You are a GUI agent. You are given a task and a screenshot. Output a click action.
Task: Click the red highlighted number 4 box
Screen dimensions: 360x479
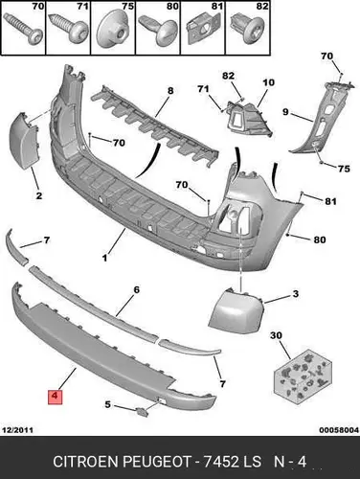[x=55, y=397]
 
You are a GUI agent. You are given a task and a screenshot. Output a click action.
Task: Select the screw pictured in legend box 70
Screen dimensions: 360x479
[x=23, y=30]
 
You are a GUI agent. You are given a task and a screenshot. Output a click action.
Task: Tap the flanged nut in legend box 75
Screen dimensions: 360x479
[x=113, y=30]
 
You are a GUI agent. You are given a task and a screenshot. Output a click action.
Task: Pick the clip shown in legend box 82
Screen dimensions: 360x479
[x=246, y=28]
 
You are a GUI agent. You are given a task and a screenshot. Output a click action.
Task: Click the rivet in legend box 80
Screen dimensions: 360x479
[x=157, y=30]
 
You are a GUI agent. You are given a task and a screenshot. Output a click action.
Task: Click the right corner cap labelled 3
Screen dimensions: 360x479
[x=236, y=310]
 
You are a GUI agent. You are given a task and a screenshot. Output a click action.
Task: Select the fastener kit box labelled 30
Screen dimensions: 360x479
[x=303, y=376]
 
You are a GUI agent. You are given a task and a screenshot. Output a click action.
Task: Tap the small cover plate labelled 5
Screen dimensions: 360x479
[x=142, y=412]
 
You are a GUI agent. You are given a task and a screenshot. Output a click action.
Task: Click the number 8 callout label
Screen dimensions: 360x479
[x=170, y=91]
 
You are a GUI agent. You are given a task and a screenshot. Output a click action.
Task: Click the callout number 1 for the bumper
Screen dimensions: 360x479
[x=104, y=258]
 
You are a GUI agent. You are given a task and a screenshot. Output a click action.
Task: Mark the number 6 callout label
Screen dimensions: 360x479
[x=136, y=290]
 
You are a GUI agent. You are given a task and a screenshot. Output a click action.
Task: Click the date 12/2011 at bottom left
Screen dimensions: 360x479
[x=17, y=430]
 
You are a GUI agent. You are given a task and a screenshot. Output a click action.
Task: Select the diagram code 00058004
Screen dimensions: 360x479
[x=339, y=430]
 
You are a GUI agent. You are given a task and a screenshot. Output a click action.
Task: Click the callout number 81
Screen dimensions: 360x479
[x=330, y=201]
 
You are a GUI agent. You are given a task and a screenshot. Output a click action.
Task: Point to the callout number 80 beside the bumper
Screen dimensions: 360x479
[x=320, y=239]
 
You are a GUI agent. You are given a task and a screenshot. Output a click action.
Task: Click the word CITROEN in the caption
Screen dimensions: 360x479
[x=85, y=462]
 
